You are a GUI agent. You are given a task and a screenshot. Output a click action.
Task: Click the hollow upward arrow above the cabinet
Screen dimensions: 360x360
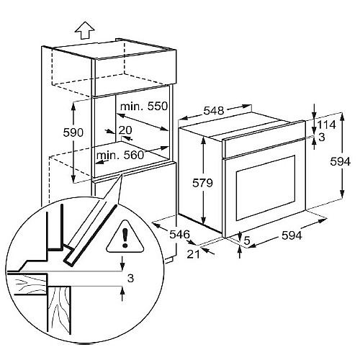pyautogui.click(x=84, y=30)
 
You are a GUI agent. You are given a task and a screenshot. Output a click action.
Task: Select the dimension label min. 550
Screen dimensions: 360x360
pyautogui.click(x=144, y=106)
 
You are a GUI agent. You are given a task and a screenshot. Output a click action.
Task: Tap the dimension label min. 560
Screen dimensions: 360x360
pyautogui.click(x=120, y=156)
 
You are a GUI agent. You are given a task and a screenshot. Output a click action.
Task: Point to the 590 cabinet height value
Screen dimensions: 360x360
pyautogui.click(x=73, y=132)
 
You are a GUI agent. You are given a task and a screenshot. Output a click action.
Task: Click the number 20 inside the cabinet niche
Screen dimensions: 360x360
pyautogui.click(x=125, y=130)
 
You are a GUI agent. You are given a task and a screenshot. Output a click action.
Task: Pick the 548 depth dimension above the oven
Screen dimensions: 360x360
pyautogui.click(x=214, y=111)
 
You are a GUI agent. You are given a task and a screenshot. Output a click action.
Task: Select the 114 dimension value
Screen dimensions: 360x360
pyautogui.click(x=327, y=125)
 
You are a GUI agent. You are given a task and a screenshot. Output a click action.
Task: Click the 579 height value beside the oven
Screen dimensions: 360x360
pyautogui.click(x=202, y=183)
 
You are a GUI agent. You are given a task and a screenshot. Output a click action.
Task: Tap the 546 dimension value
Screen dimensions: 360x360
pyautogui.click(x=179, y=234)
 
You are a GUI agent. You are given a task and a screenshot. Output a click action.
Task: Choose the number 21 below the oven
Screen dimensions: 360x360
pyautogui.click(x=193, y=254)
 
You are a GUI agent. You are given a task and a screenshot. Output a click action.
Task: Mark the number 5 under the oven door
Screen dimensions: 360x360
pyautogui.click(x=247, y=240)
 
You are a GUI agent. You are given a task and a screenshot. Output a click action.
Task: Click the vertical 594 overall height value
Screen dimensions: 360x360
pyautogui.click(x=340, y=161)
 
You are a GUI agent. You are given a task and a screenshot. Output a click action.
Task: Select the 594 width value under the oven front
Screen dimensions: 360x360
pyautogui.click(x=292, y=235)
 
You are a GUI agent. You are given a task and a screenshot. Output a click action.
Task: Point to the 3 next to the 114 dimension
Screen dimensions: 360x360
pyautogui.click(x=322, y=137)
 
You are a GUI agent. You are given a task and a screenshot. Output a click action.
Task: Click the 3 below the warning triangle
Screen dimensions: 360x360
pyautogui.click(x=130, y=279)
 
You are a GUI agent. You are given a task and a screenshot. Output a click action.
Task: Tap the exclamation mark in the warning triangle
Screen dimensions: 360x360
pyautogui.click(x=125, y=238)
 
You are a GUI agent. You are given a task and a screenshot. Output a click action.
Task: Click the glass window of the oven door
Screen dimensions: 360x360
pyautogui.click(x=266, y=188)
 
